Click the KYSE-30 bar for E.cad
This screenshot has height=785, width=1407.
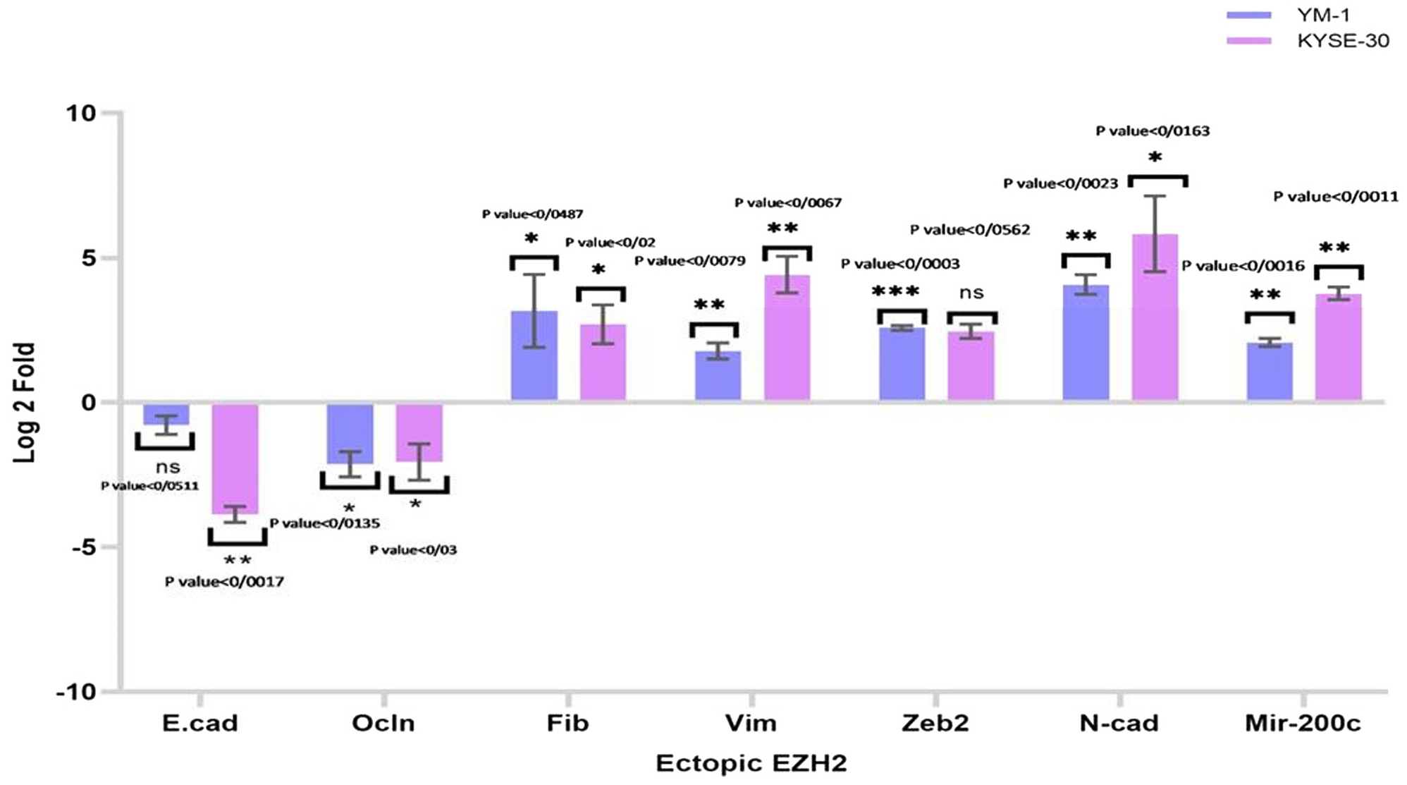(x=235, y=458)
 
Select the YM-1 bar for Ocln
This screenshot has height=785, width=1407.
(x=350, y=433)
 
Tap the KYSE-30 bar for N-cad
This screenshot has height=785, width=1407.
(x=1155, y=317)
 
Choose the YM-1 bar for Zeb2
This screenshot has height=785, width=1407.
(x=902, y=364)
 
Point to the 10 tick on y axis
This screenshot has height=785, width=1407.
(x=80, y=113)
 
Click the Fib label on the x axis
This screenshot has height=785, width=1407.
(x=567, y=724)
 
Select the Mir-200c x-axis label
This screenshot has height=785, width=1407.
(x=1303, y=724)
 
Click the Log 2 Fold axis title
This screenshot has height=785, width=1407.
(x=24, y=402)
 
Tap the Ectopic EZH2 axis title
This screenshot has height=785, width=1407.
(x=751, y=763)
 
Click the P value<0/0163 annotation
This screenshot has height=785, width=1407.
(x=1153, y=130)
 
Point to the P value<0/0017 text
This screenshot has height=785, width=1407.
(x=224, y=582)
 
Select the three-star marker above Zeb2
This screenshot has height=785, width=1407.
(x=895, y=291)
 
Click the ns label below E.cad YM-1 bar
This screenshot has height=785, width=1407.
(x=168, y=467)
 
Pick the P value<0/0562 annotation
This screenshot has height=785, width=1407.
(x=969, y=230)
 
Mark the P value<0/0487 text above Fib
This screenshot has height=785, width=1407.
(x=532, y=214)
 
